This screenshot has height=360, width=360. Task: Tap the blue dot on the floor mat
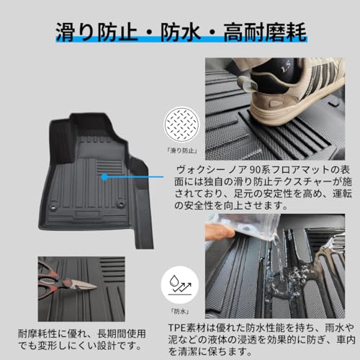106,176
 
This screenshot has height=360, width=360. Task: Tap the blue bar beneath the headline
180,51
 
